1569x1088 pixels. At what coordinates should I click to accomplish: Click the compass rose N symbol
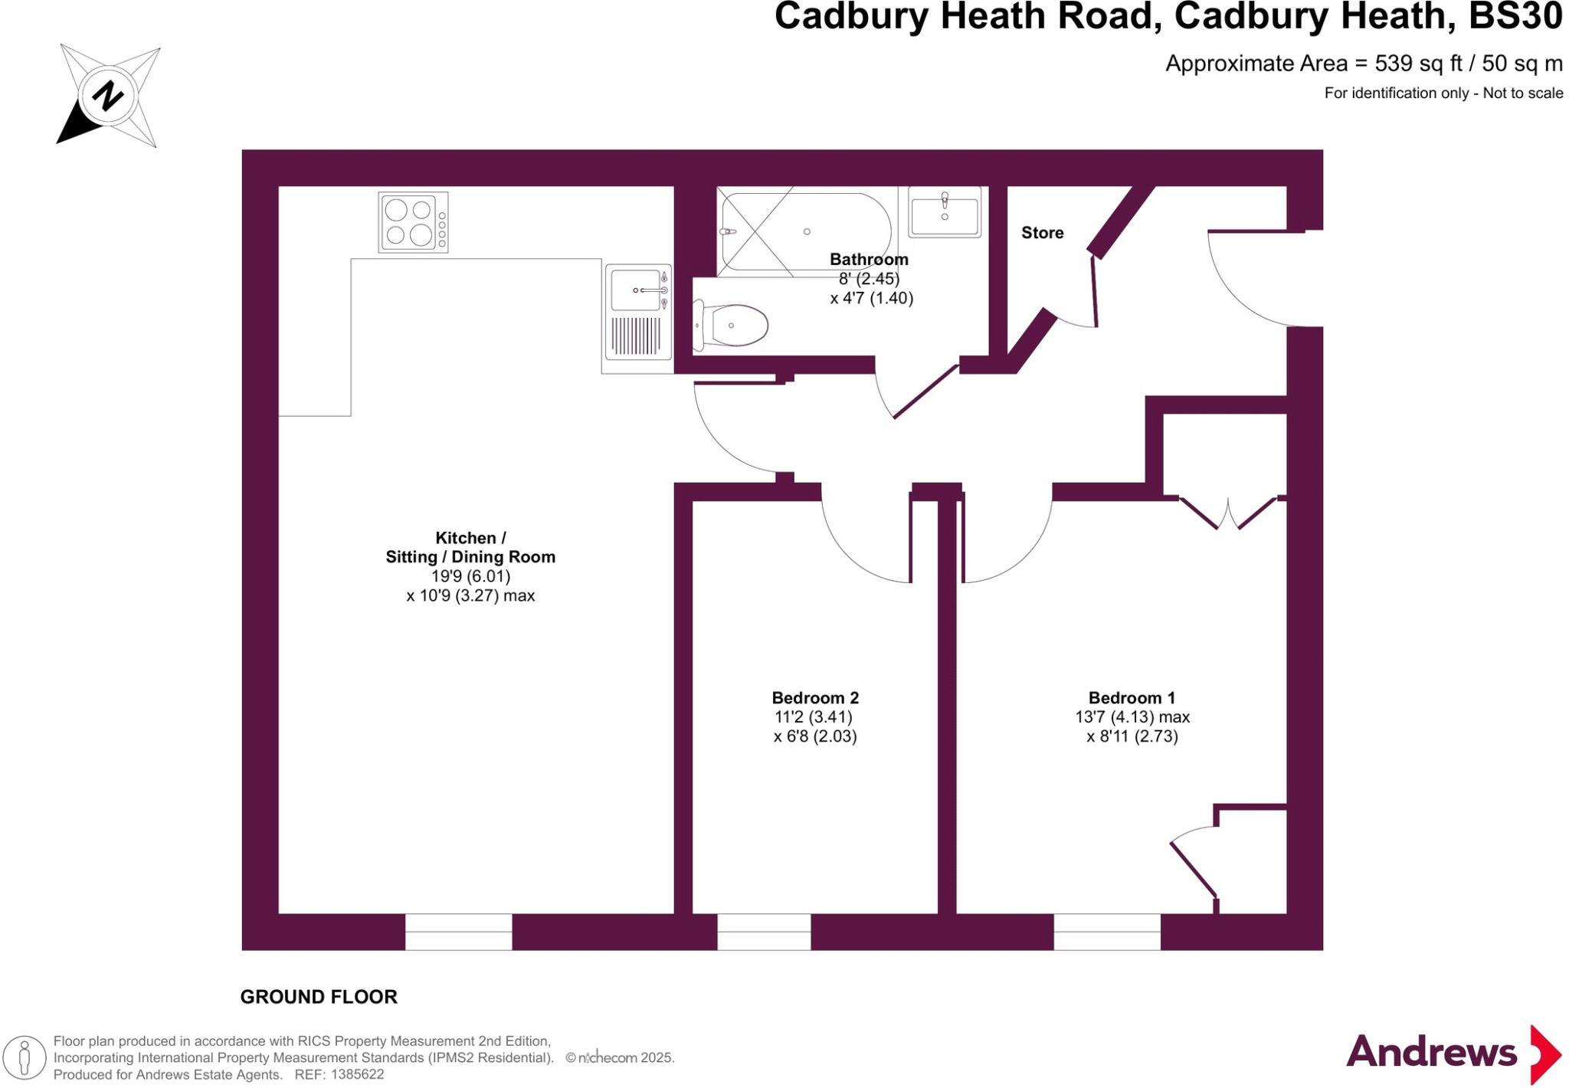tap(107, 97)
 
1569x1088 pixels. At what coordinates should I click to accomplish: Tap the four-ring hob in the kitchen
tap(413, 222)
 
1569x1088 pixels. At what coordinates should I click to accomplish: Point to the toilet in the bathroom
tap(732, 326)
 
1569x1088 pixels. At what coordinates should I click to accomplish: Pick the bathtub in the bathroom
tap(804, 231)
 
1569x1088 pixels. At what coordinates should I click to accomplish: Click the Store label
tap(1042, 233)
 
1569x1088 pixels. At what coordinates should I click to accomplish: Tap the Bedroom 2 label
tap(815, 698)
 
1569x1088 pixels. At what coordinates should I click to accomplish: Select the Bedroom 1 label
tap(1132, 698)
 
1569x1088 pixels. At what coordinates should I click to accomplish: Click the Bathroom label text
tap(869, 259)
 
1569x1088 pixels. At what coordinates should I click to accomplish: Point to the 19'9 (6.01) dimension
tap(470, 576)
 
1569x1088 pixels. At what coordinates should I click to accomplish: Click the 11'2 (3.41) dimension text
tap(814, 717)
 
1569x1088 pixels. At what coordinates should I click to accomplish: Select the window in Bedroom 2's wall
tap(764, 932)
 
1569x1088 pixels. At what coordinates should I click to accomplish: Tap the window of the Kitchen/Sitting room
tap(458, 932)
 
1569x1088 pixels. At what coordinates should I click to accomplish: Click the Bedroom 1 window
tap(1107, 932)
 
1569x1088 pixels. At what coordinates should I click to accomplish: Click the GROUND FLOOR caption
tap(319, 997)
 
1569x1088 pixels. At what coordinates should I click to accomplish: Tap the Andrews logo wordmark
tap(1431, 1053)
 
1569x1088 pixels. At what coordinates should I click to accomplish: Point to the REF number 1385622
tap(357, 1075)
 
